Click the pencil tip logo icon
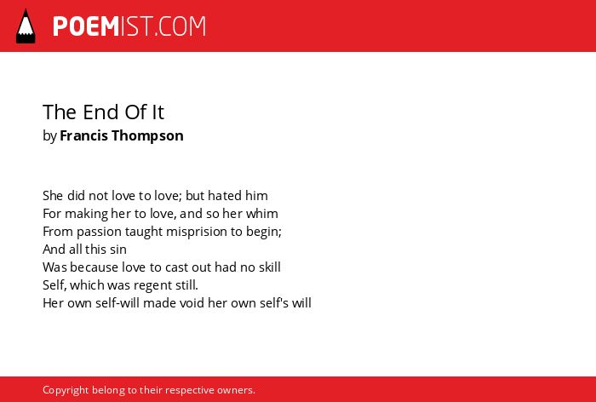coord(26,26)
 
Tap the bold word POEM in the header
coord(86,26)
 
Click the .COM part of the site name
coord(181,26)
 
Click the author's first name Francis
coord(83,135)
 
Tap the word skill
coord(270,267)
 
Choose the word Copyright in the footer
coord(66,390)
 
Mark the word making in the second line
coord(86,214)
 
